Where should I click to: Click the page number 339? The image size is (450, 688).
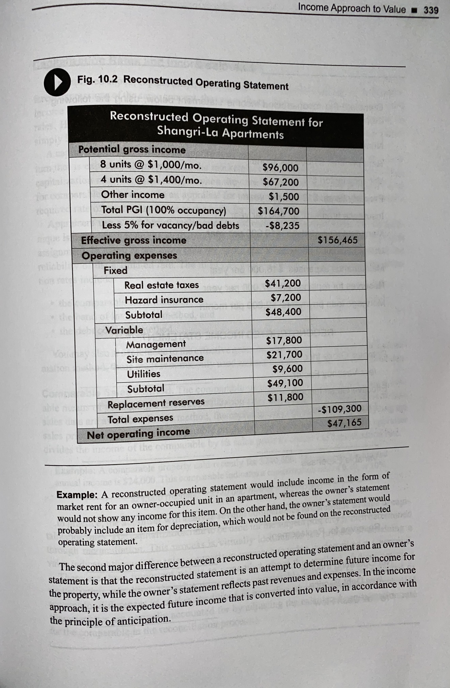point(431,10)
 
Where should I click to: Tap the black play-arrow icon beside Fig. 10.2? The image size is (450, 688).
point(57,83)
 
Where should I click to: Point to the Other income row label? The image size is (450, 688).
point(133,195)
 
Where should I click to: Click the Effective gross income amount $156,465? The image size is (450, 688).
point(337,240)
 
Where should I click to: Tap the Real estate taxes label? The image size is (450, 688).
point(161,285)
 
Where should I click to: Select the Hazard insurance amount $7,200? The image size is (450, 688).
point(286,297)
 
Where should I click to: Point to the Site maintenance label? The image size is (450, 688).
point(165,359)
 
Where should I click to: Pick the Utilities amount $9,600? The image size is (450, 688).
point(288,369)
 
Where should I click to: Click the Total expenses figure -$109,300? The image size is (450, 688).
point(339,409)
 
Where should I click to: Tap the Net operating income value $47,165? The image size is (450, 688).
point(344,423)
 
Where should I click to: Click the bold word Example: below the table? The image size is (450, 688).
point(77,495)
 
